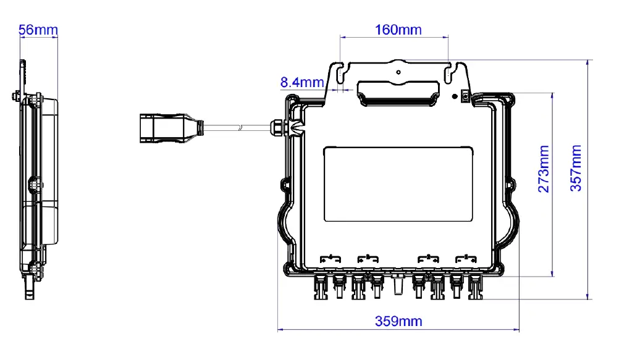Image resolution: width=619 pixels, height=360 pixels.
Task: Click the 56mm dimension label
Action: click(x=38, y=30)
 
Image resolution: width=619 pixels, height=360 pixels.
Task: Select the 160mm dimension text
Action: click(x=398, y=30)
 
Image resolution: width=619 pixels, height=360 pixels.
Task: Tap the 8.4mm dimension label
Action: click(x=302, y=82)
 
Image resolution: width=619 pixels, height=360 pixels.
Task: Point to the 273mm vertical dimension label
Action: click(x=544, y=169)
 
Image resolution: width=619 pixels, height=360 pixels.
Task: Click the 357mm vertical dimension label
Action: click(x=576, y=169)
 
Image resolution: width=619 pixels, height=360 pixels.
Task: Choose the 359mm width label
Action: click(x=398, y=321)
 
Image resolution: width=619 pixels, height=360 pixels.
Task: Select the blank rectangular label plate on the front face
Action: click(x=398, y=184)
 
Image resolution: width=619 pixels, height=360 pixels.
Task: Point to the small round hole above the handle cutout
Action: click(x=398, y=72)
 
